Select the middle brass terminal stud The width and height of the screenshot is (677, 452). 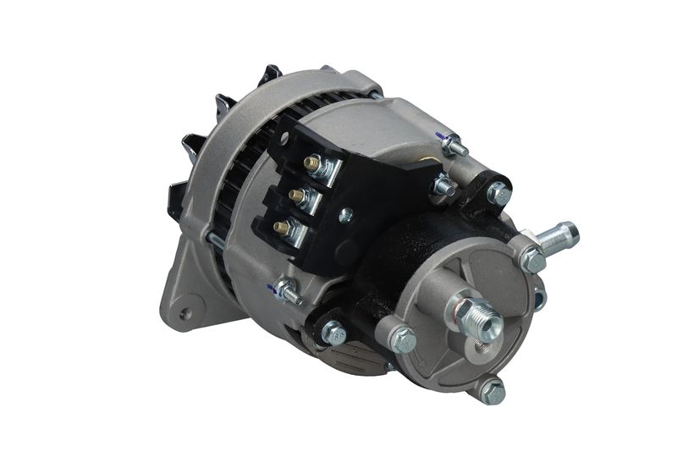click(297, 196)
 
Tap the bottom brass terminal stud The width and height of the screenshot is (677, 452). click(280, 227)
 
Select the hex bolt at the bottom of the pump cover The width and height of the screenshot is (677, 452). click(492, 391)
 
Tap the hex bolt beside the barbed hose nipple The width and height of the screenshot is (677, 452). click(533, 260)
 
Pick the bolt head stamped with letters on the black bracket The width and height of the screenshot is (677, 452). click(333, 333)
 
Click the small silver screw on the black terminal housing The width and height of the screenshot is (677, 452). click(344, 216)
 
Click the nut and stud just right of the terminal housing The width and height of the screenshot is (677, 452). click(442, 185)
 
